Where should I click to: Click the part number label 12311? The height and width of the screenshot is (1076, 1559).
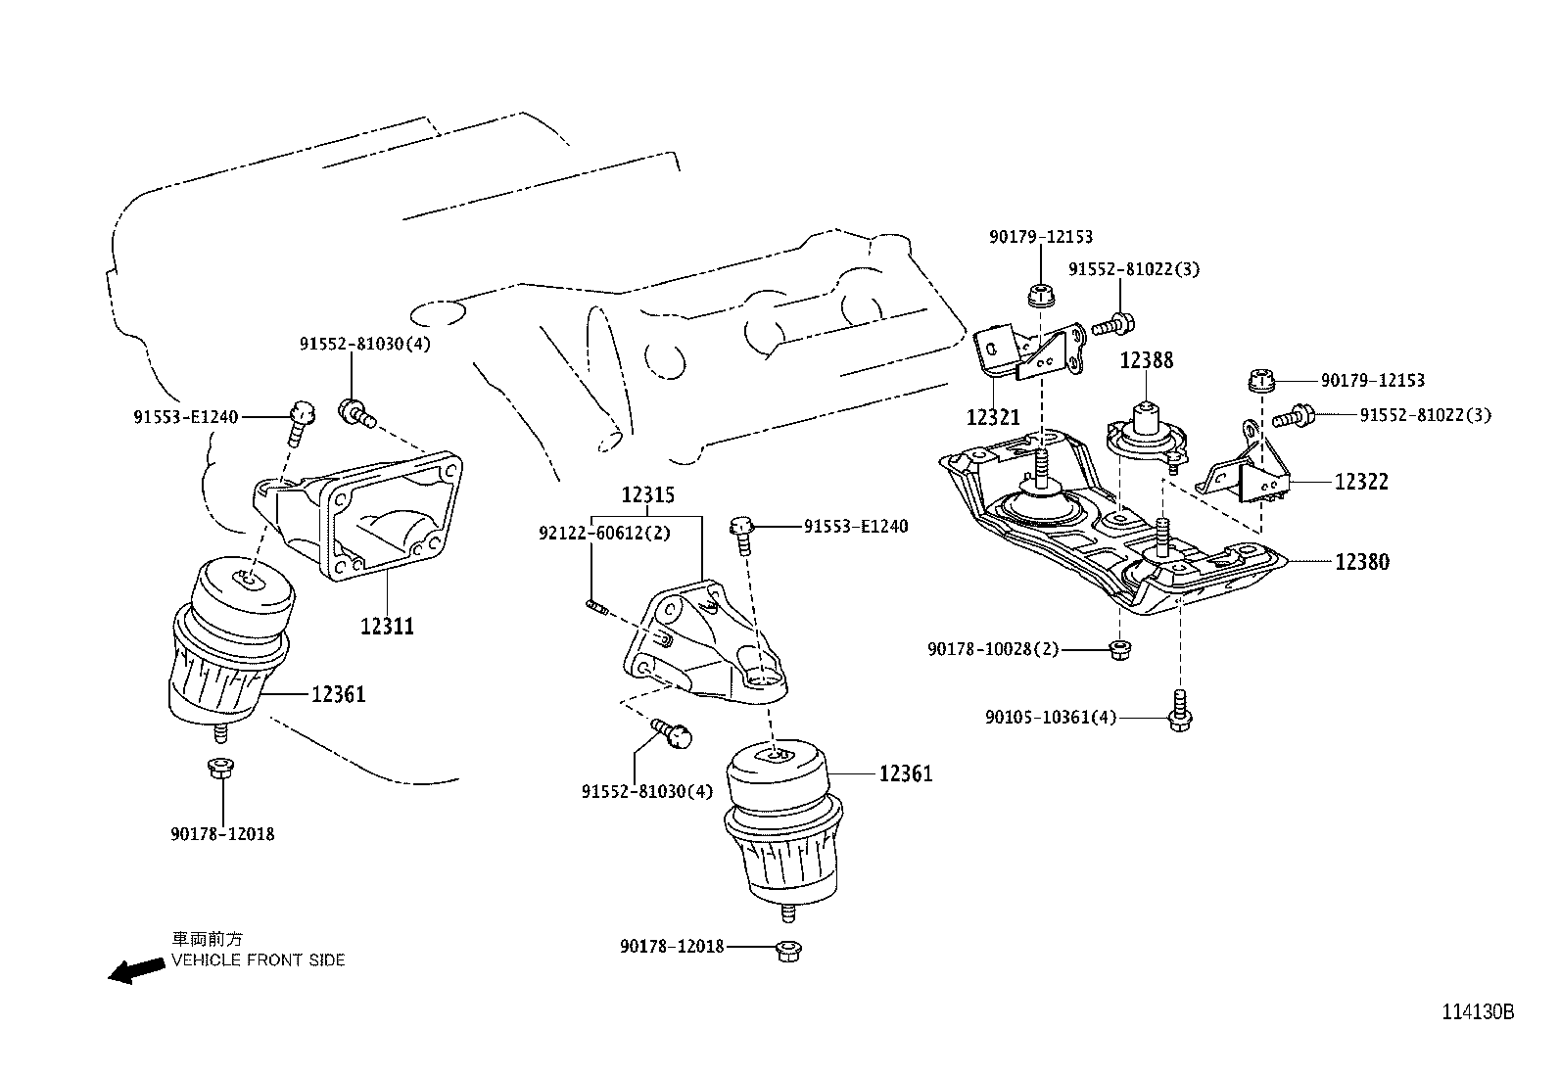click(x=387, y=626)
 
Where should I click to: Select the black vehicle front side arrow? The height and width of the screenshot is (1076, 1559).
click(x=135, y=970)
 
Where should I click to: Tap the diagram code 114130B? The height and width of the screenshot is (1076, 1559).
click(x=1477, y=1012)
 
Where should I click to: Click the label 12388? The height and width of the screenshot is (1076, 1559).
click(x=1146, y=360)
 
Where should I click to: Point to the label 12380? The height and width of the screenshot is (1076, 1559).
click(x=1361, y=562)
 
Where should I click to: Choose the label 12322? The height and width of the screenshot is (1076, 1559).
click(x=1361, y=482)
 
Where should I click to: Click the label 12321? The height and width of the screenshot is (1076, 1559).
click(x=993, y=417)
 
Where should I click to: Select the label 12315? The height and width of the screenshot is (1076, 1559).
click(x=647, y=495)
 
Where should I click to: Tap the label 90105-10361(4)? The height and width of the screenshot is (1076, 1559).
click(x=1051, y=718)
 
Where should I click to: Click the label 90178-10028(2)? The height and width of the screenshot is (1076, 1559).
click(x=993, y=648)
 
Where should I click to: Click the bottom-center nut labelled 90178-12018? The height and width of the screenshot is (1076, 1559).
click(x=784, y=950)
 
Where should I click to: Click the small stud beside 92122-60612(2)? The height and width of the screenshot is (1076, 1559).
click(x=596, y=610)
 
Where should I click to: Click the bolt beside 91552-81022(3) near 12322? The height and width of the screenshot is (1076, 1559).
click(x=1295, y=416)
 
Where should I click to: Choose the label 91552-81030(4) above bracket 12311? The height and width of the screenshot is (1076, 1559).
click(x=364, y=344)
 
